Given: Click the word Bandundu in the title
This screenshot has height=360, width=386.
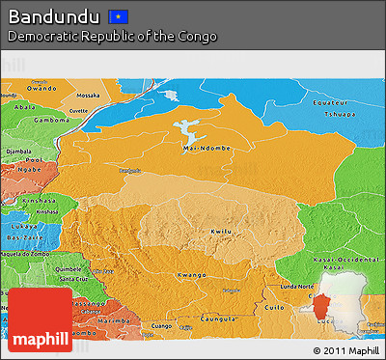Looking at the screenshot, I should pos(54,16).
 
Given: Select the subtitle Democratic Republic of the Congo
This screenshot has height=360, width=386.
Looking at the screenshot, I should pos(112,37).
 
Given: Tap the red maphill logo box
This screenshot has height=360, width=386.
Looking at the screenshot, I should pos(40,319).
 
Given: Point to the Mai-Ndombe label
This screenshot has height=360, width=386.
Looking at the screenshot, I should pos(200,149).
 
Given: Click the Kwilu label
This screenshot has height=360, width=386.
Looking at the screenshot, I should pos(219,232).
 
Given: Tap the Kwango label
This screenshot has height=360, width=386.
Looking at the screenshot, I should pos(190,275).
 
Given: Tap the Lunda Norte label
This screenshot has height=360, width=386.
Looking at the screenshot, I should pos(297,288).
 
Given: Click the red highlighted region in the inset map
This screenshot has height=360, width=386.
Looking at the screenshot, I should pos(318,307).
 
